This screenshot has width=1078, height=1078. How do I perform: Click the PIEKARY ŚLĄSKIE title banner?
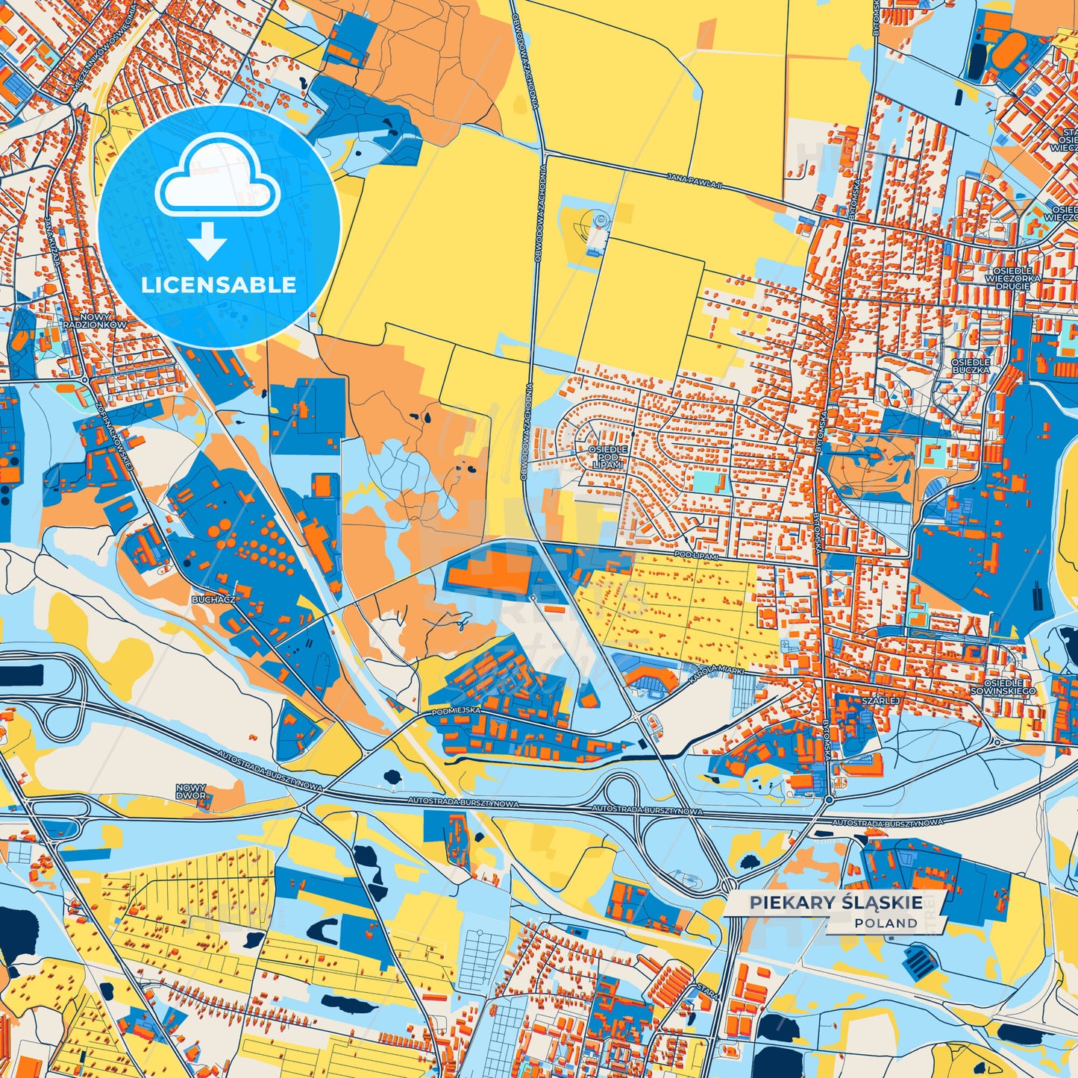836,903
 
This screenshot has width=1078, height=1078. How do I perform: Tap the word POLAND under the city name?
886,923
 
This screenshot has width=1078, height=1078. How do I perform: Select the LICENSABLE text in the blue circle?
219,285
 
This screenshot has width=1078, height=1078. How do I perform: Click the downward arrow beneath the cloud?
207,240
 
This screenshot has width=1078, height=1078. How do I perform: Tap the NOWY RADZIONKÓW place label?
95,322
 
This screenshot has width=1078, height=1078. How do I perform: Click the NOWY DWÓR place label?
191,792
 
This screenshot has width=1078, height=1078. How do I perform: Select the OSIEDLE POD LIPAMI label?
607,457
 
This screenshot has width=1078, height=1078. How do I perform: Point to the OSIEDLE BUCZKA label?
970,366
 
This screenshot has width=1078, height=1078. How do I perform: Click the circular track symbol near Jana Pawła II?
599,221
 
